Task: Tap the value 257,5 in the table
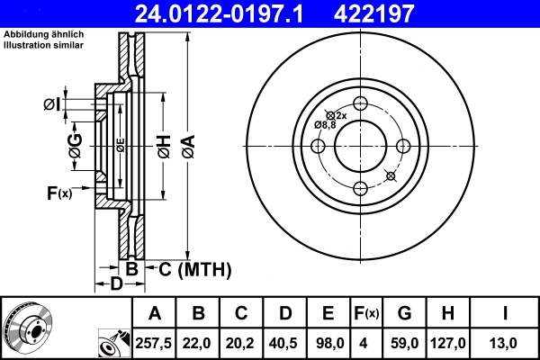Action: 155,342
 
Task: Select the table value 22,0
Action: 199,342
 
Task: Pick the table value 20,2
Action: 241,342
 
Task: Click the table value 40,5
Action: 284,342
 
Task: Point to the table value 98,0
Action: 328,342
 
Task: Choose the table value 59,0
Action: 404,342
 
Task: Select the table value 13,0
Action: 507,342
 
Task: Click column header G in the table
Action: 404,313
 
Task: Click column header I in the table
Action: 507,313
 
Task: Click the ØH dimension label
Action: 163,146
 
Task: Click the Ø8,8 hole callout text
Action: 324,125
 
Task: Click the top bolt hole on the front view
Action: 361,103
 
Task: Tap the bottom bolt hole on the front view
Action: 361,187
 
